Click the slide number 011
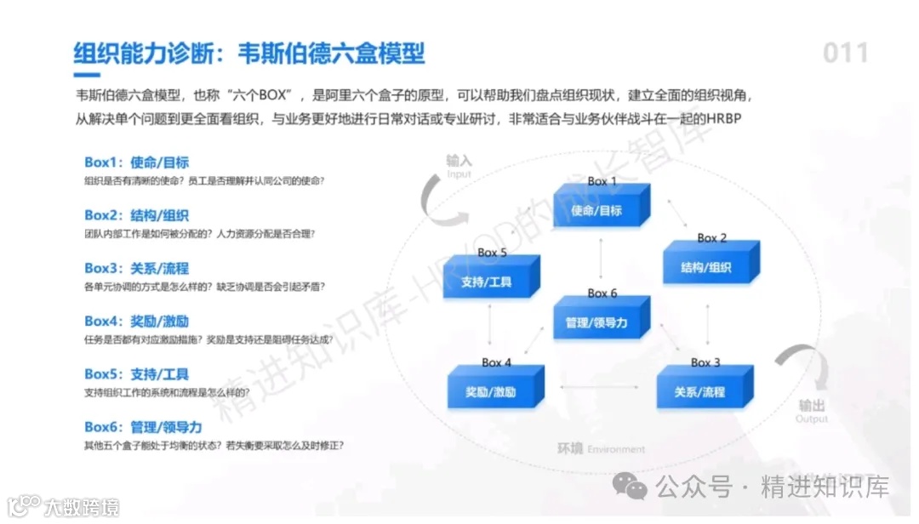point(845,53)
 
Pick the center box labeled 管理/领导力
point(598,322)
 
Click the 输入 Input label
point(459,166)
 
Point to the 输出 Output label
point(811,411)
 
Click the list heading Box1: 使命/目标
point(136,162)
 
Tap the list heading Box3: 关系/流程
point(136,268)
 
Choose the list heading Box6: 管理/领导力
point(143,427)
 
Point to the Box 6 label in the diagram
point(602,293)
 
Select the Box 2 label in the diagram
point(712,238)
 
